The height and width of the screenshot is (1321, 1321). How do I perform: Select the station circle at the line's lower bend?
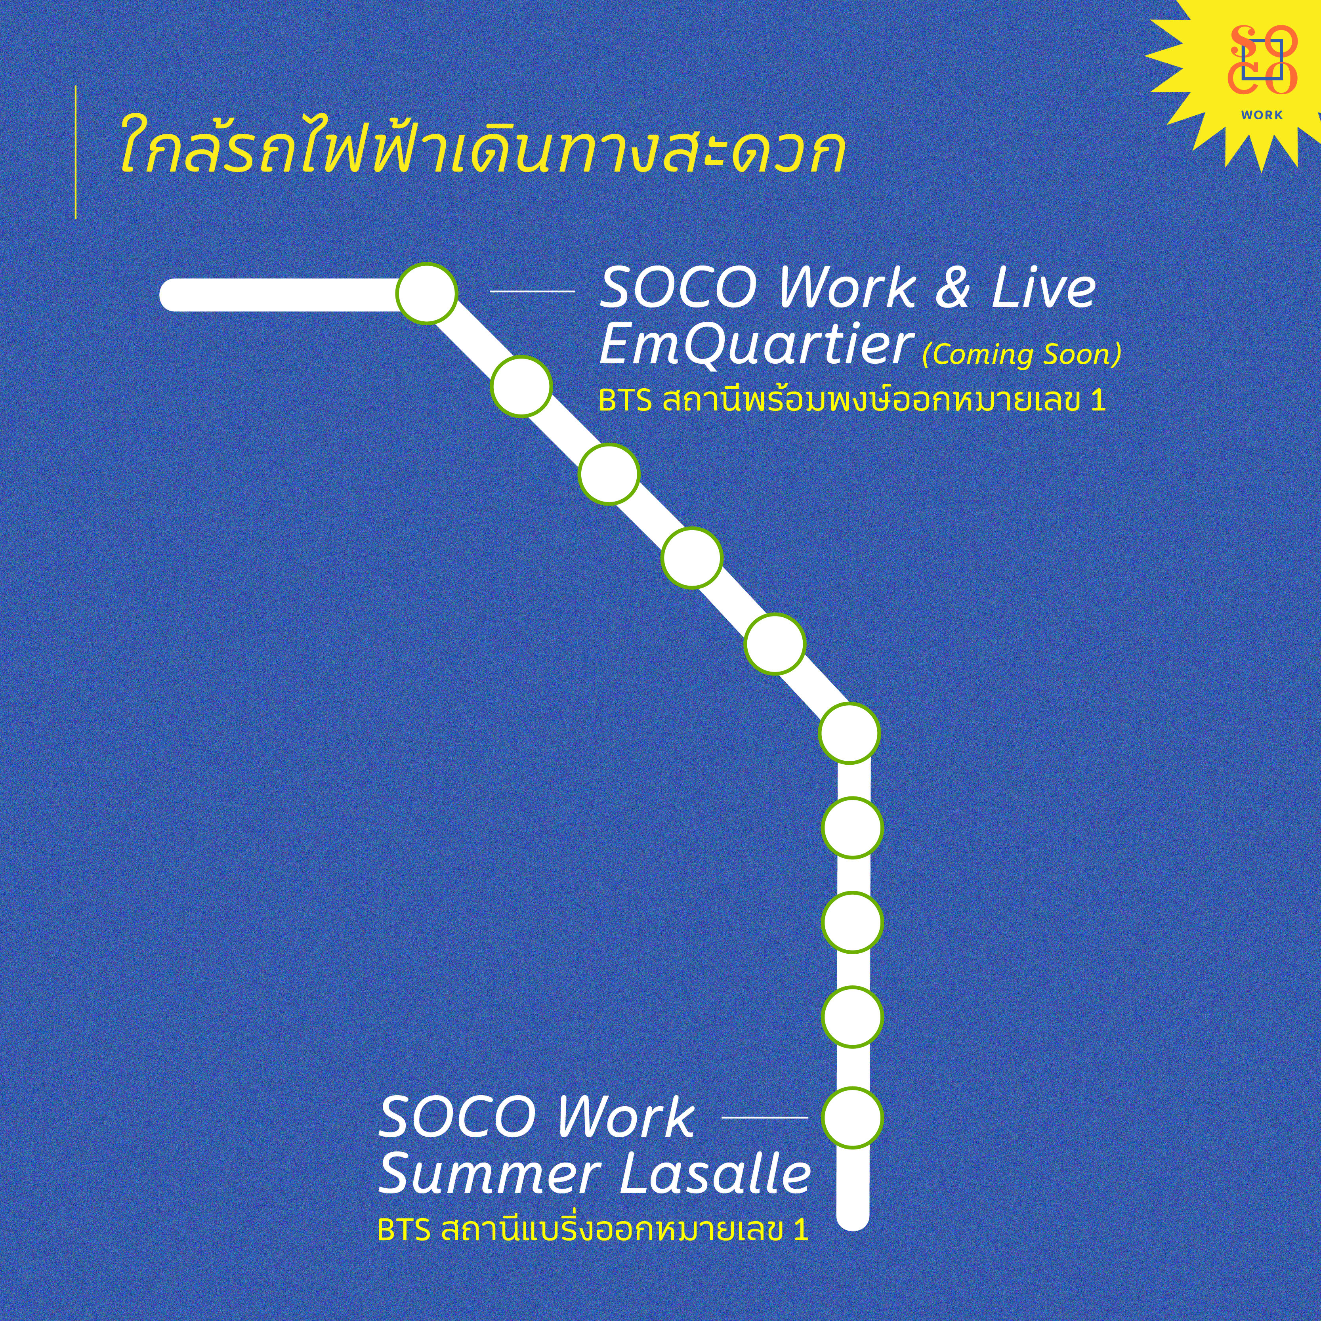(x=849, y=733)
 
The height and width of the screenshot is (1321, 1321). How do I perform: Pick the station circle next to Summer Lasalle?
(x=852, y=1117)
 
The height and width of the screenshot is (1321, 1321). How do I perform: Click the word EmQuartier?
(x=757, y=345)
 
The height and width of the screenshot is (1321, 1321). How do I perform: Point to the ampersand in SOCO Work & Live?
(x=953, y=288)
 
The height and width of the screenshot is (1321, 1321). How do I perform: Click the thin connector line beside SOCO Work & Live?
(x=533, y=291)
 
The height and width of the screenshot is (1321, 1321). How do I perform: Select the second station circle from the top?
(x=521, y=386)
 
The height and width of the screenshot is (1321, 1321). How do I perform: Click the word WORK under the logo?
(x=1262, y=115)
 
